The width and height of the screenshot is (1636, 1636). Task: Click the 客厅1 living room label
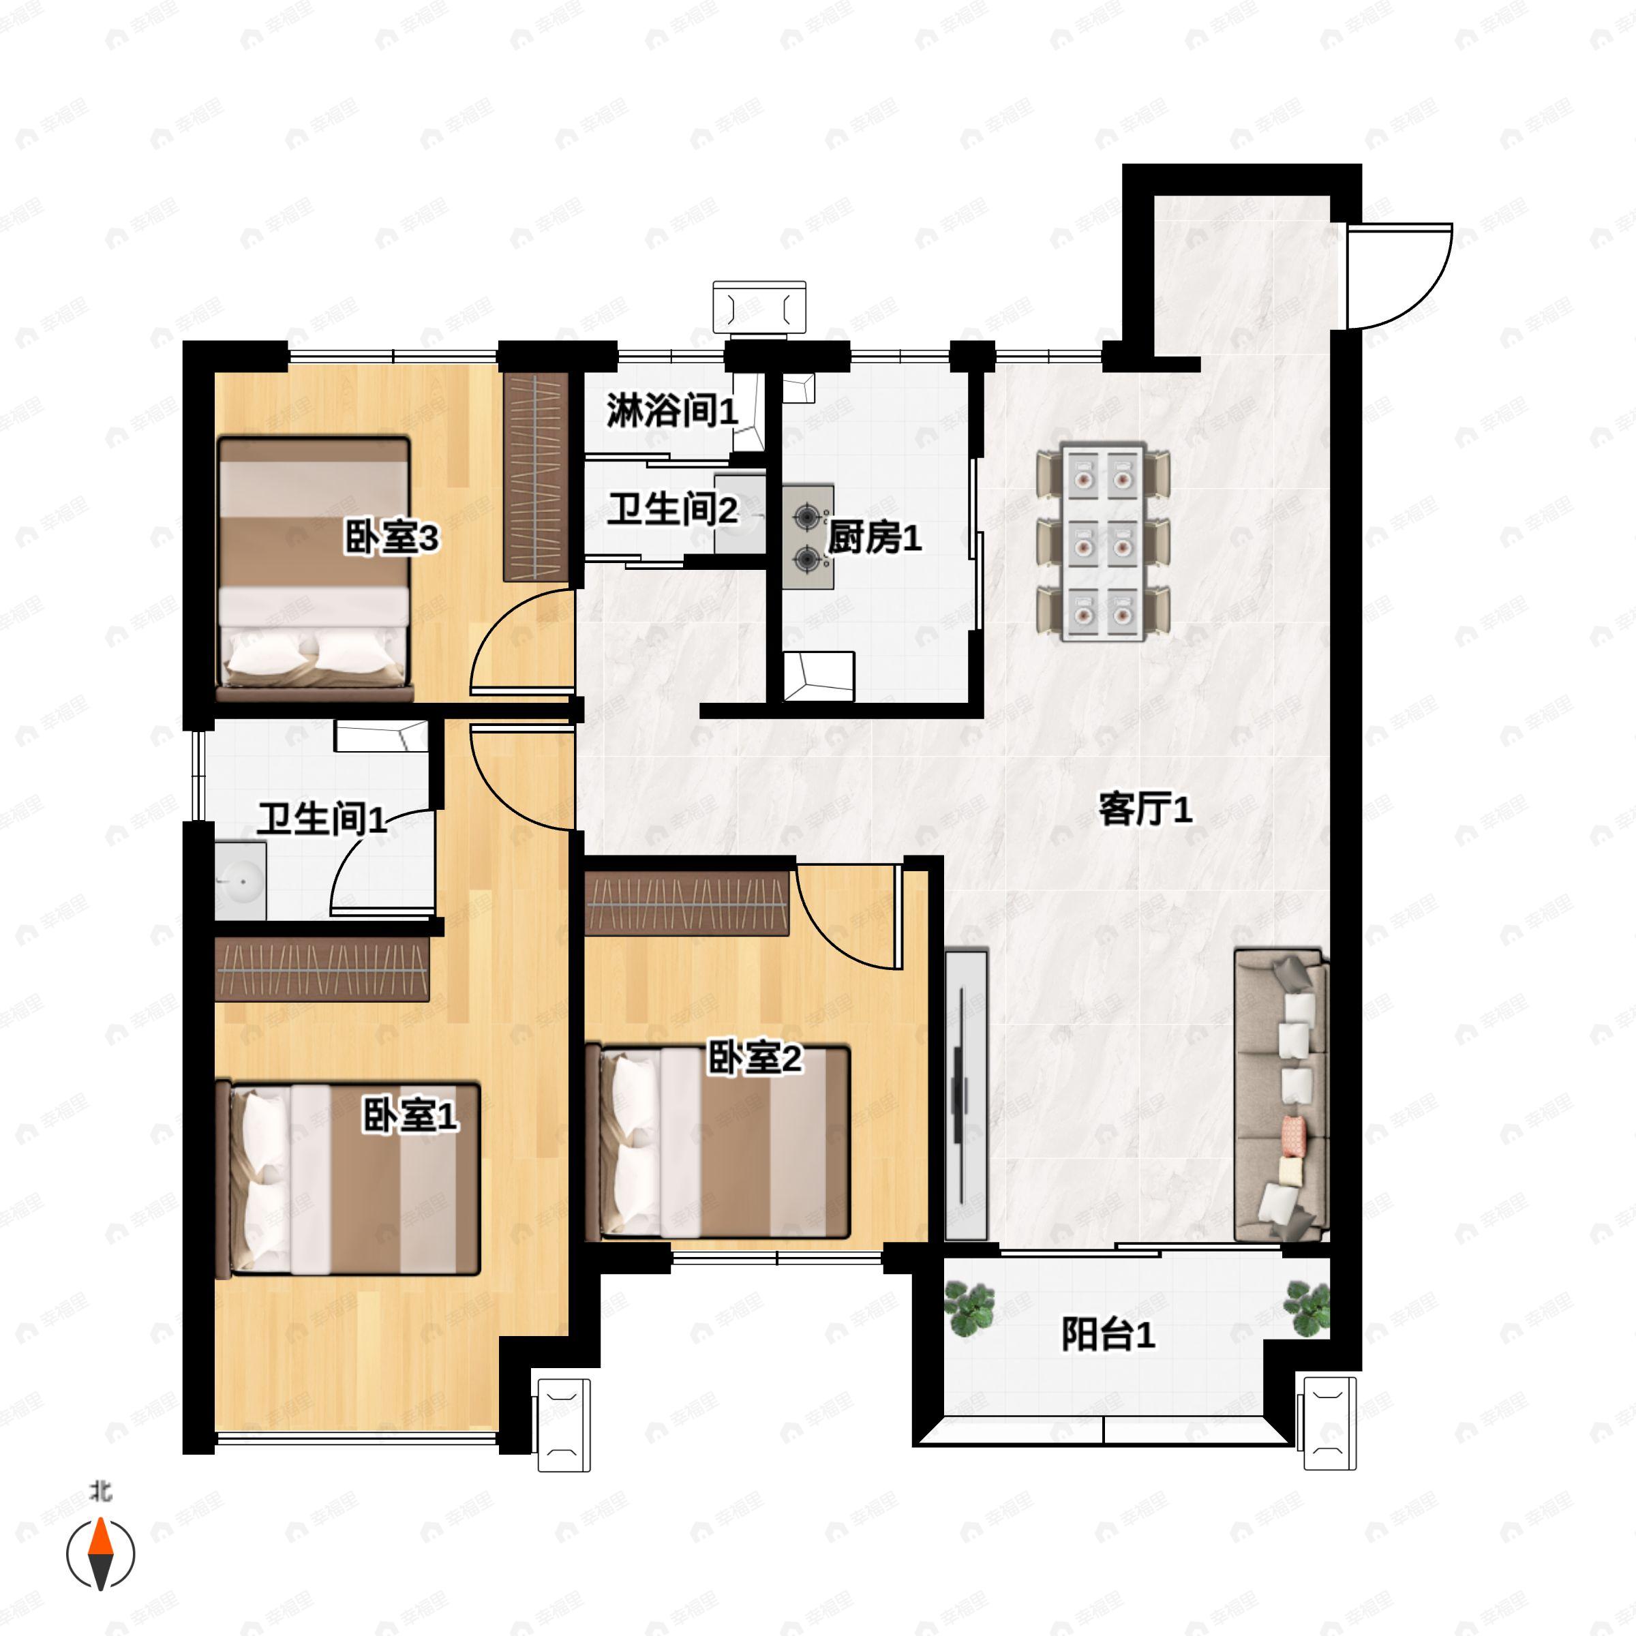(x=1145, y=810)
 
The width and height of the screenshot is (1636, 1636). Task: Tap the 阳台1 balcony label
(x=1108, y=1335)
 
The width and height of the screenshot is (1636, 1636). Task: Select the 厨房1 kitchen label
(x=874, y=538)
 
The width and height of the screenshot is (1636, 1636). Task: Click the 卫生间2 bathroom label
(x=672, y=509)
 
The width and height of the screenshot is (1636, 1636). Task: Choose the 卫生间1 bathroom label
(x=322, y=819)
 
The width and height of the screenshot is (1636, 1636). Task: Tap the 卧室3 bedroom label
(x=391, y=538)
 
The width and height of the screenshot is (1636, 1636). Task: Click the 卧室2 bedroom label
(x=754, y=1059)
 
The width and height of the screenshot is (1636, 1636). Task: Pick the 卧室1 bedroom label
(x=410, y=1115)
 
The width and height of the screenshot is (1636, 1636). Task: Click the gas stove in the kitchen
(x=808, y=536)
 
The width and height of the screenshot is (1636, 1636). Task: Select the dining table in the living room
(x=1104, y=542)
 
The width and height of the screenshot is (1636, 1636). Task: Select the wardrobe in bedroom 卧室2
(x=686, y=903)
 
